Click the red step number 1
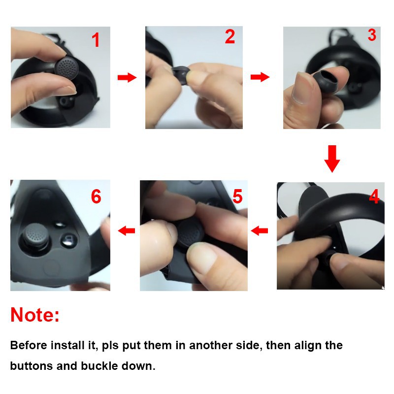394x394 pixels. pos(96,40)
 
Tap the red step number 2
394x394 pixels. pos(230,36)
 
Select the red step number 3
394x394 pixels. pos(372,35)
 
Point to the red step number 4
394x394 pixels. pos(374,197)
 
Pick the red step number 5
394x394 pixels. pos(237,196)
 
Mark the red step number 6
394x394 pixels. pos(96,197)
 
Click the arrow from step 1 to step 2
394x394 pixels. pos(127,77)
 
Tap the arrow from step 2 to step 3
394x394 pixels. pos(260,77)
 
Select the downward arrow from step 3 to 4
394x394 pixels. pos(332,159)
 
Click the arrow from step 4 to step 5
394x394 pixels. pos(260,230)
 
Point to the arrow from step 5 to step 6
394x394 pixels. pos(127,230)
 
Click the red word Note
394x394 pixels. pos(35,315)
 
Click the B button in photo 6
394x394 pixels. pos(68,239)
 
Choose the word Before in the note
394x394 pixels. pos(29,345)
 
